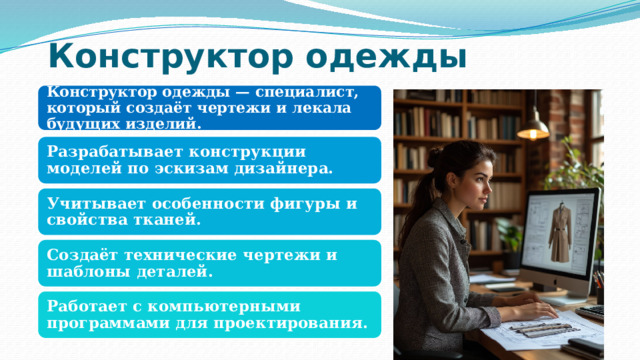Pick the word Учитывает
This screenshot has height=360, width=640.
pos(96,203)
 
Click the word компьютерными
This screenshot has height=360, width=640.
pos(229,305)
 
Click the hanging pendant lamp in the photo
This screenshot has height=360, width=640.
pos(533,125)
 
